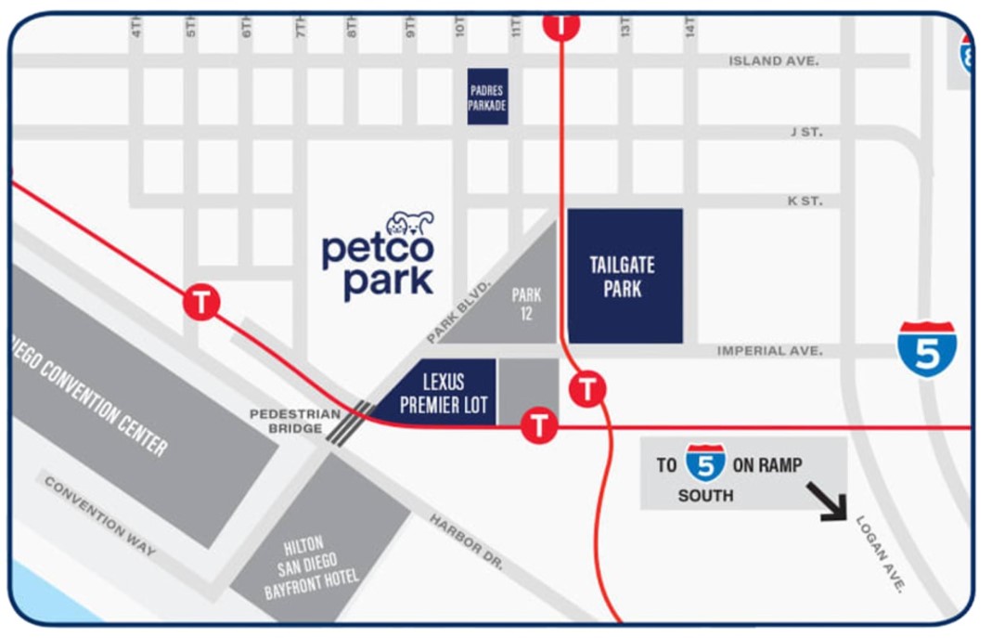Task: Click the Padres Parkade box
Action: [x=487, y=97]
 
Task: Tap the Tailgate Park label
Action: [x=623, y=277]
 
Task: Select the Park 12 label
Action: [x=526, y=305]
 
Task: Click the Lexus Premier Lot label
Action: [x=443, y=394]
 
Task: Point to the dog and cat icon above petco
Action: [x=410, y=224]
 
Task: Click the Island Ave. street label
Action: [x=773, y=60]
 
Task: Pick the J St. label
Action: [x=805, y=132]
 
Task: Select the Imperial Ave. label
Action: [x=769, y=351]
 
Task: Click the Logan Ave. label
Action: [x=880, y=554]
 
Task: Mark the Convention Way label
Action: [x=99, y=517]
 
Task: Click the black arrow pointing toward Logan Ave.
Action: [x=827, y=501]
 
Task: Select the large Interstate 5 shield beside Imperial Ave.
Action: [x=926, y=348]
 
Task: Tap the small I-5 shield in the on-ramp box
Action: [x=705, y=463]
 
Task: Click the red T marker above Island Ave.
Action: [x=560, y=25]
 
